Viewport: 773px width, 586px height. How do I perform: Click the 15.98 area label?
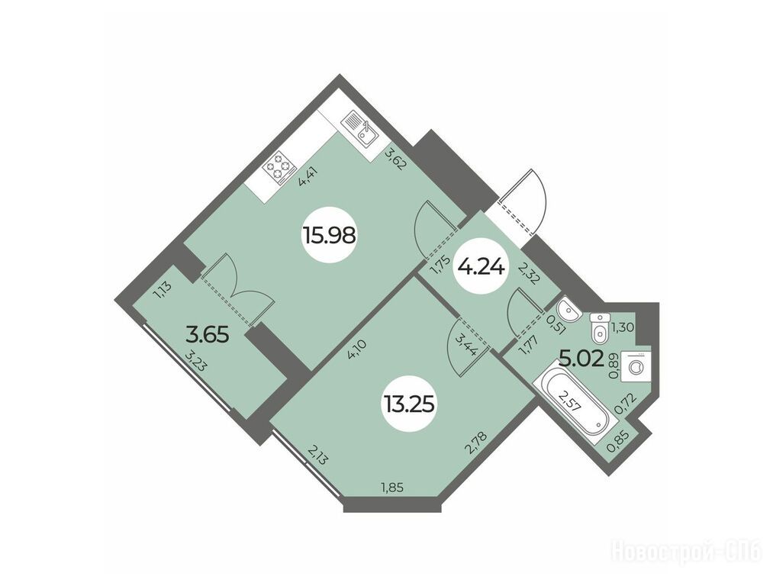330,236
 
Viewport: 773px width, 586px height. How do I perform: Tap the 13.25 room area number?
407,404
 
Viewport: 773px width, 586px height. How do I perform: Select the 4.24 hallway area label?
481,268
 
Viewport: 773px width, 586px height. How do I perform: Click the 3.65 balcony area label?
208,335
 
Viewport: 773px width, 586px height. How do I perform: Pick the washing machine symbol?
637,365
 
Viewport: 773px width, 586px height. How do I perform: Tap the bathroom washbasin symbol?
568,310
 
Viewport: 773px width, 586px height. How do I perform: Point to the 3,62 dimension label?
395,159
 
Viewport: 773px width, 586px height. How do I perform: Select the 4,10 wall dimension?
356,350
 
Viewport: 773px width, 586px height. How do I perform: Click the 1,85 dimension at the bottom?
392,488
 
